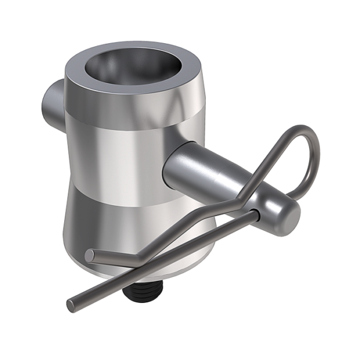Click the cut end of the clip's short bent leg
click(90, 255)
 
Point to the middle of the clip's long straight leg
click(168, 258)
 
